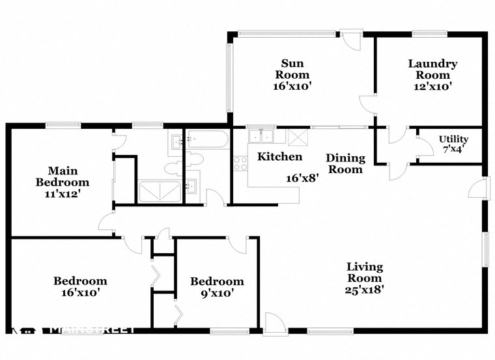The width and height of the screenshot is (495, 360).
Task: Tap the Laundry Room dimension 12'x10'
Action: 432,86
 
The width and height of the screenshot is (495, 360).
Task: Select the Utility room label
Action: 453,139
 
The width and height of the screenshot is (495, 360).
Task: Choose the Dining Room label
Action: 345,163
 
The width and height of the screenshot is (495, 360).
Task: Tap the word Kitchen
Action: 279,157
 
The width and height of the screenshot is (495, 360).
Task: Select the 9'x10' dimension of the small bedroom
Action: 217,294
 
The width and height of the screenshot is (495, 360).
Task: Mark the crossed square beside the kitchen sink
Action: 297,137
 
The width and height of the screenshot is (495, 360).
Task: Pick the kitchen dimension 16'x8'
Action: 302,178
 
